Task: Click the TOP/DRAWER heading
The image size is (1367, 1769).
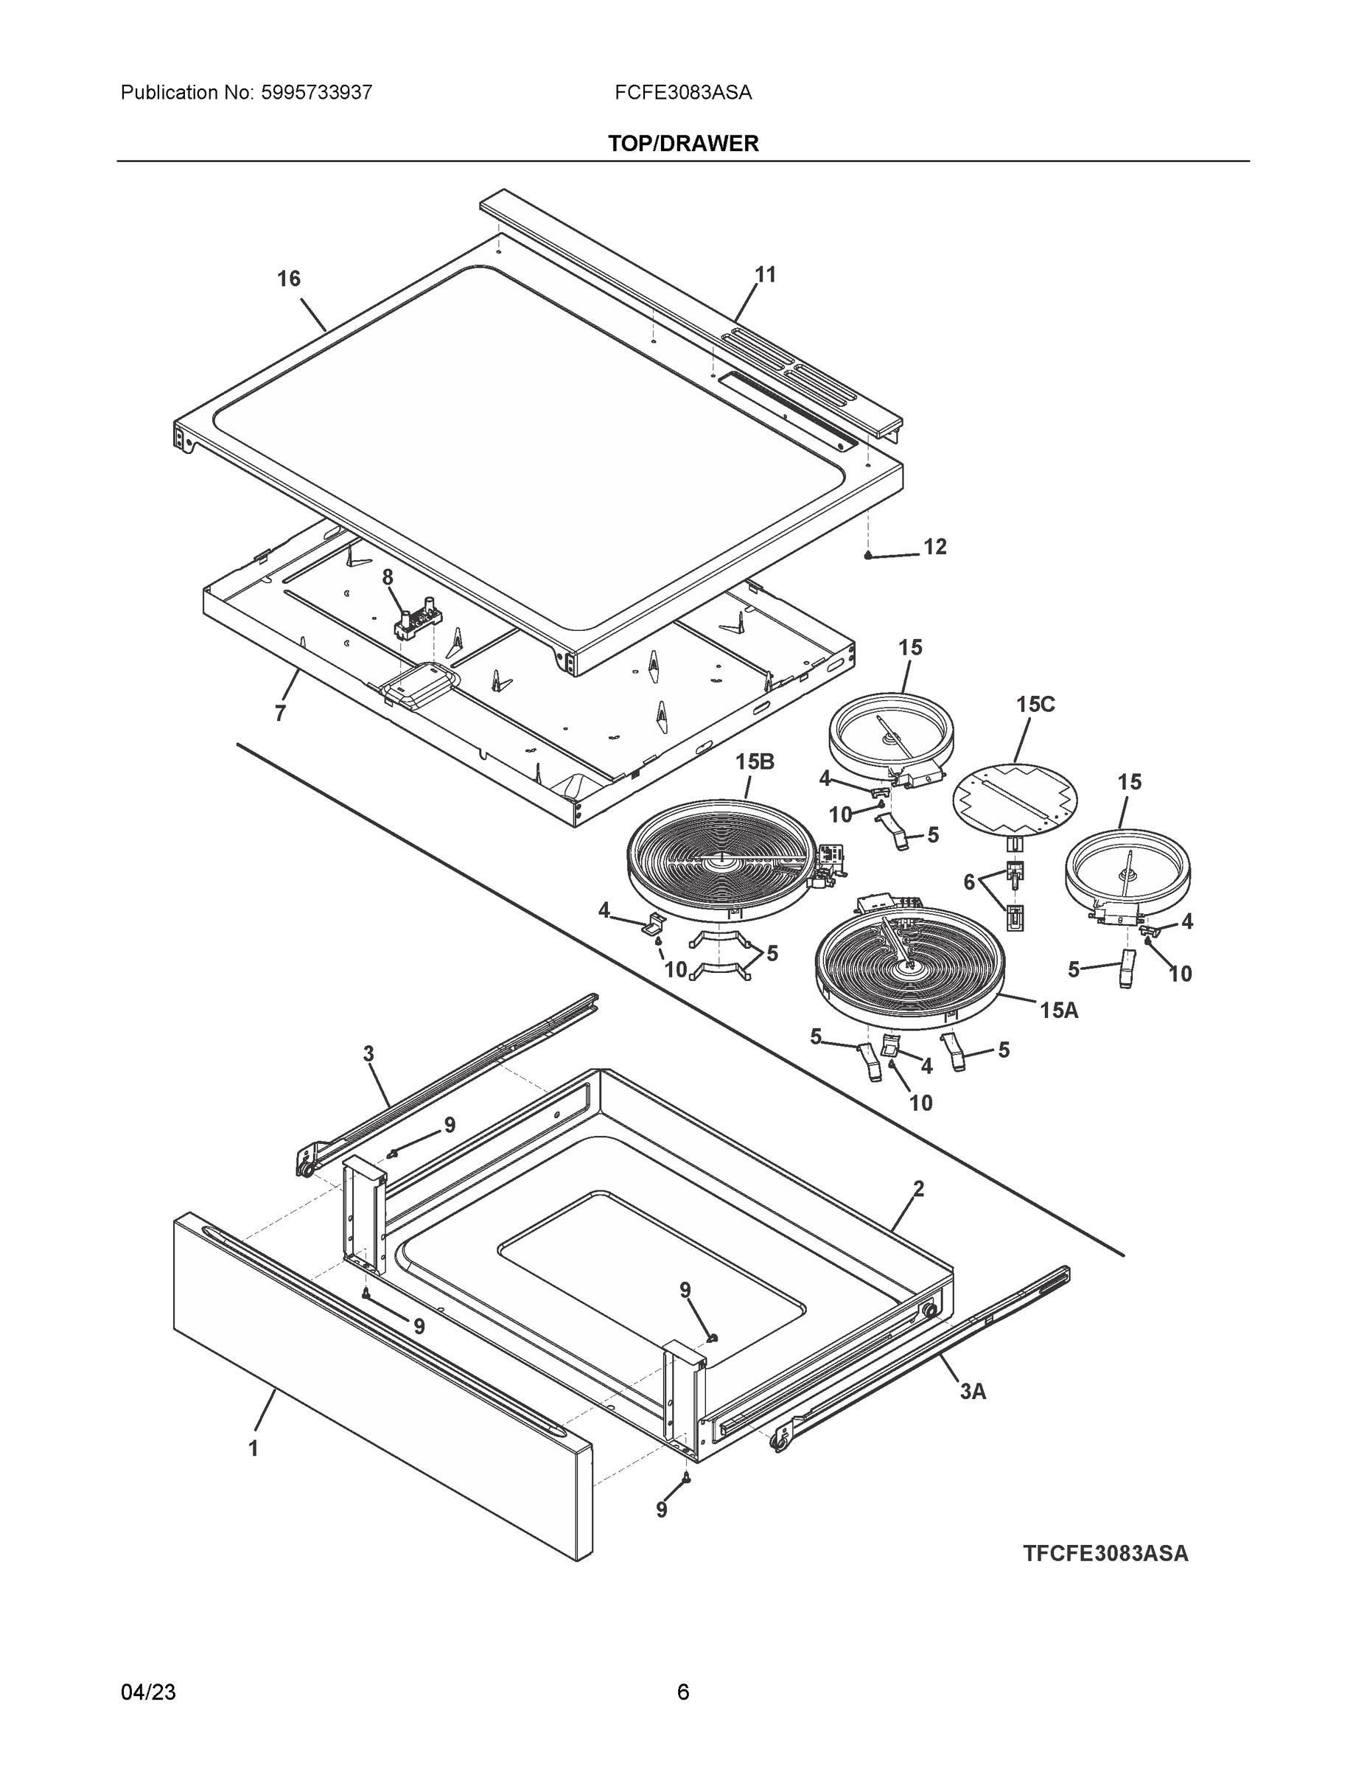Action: coord(682,144)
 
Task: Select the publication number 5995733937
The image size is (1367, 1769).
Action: coord(317,92)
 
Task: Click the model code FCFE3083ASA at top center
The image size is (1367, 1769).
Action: coord(682,92)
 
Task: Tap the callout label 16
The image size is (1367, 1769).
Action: coord(288,279)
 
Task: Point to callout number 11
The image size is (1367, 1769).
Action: coord(765,275)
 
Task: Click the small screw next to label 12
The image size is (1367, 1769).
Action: coord(868,556)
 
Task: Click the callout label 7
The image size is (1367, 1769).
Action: coord(280,713)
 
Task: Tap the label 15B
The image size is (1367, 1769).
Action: coord(755,762)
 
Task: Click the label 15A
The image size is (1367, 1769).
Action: coord(1059,1010)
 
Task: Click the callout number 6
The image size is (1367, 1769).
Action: coord(969,882)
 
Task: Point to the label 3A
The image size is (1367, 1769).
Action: coord(973,1392)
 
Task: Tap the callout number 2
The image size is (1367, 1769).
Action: coord(918,1189)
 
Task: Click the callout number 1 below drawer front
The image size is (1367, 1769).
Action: coord(254,1448)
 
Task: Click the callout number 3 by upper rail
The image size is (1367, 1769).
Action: coord(368,1054)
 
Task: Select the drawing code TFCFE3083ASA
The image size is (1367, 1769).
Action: coord(1105,1554)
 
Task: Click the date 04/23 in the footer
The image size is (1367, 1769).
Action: coord(148,1692)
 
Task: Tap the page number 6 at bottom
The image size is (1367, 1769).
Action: coord(682,1692)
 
